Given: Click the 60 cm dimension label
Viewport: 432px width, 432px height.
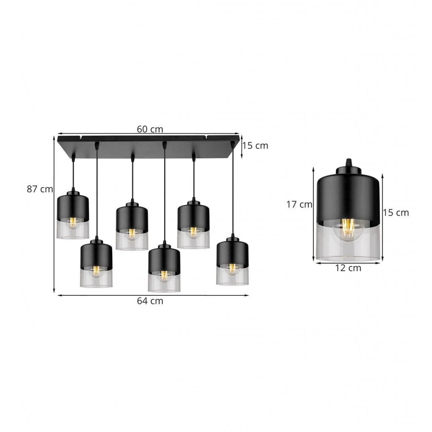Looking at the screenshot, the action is tap(150, 129).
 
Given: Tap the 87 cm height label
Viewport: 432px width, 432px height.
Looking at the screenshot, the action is tap(40, 189).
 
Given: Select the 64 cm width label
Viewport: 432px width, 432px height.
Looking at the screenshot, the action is tap(150, 301).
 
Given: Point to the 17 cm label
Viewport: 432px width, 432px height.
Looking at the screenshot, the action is tap(299, 205).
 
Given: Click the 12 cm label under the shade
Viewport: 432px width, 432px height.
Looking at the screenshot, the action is tap(348, 268).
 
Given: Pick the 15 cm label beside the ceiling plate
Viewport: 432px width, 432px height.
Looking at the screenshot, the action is tap(255, 146).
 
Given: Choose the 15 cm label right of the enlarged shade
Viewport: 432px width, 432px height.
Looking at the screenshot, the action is tap(396, 213).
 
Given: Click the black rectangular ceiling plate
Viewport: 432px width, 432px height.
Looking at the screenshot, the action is tap(148, 146).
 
